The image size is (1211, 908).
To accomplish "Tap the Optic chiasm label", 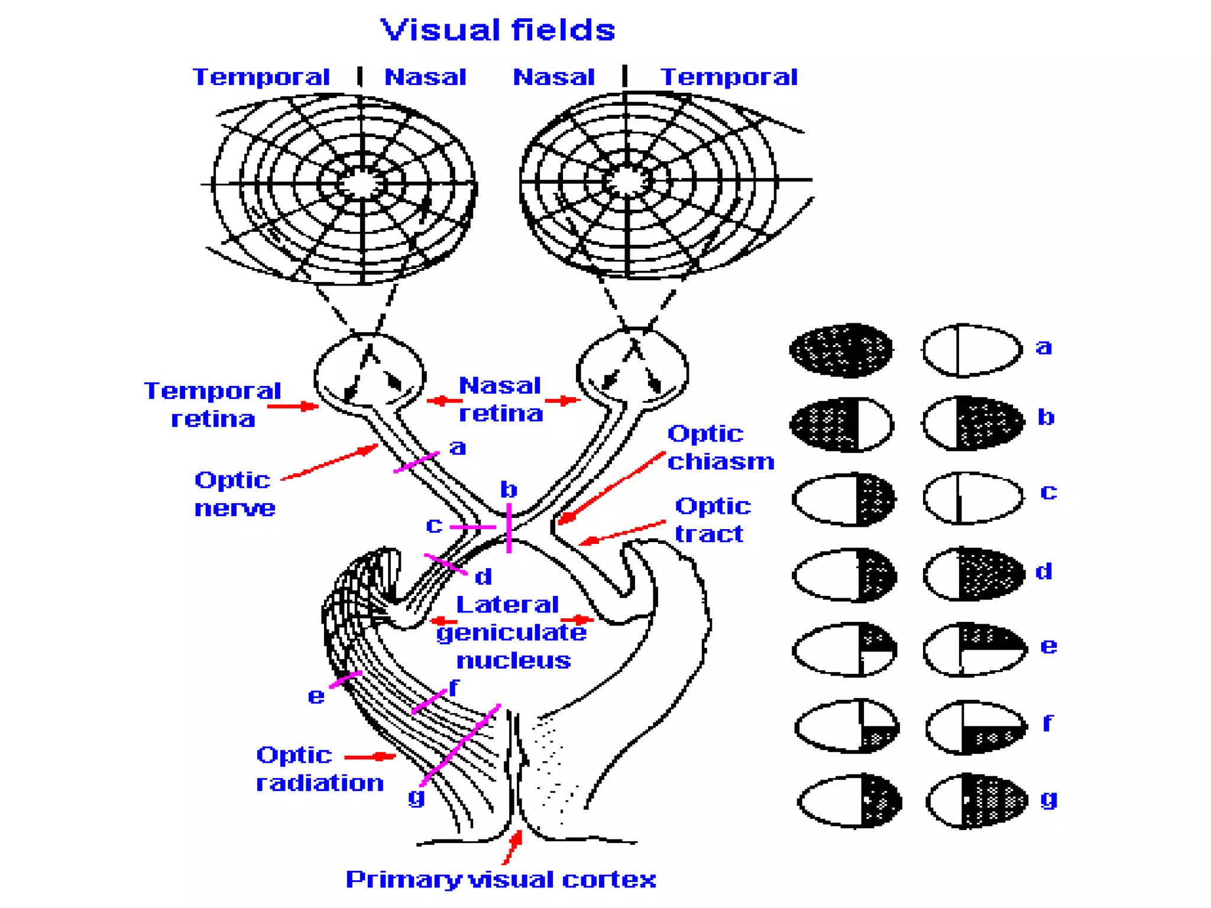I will pyautogui.click(x=720, y=447).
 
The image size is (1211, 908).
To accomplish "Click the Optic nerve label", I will pyautogui.click(x=234, y=494).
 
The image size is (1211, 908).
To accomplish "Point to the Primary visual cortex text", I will pyautogui.click(x=500, y=880).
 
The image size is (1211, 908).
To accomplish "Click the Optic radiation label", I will pyautogui.click(x=319, y=769).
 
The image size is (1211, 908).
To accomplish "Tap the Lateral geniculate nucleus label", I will pyautogui.click(x=511, y=633).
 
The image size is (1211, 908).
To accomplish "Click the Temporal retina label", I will pyautogui.click(x=212, y=404).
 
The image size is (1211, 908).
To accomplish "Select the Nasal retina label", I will pyautogui.click(x=500, y=399).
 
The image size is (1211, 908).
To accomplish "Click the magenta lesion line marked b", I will pyautogui.click(x=509, y=528).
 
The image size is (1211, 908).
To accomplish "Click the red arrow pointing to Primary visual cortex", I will pyautogui.click(x=512, y=847).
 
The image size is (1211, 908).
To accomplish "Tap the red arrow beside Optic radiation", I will pyautogui.click(x=369, y=757).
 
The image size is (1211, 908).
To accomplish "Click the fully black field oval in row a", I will pyautogui.click(x=841, y=350).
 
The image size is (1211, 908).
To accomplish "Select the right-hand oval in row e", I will pyautogui.click(x=974, y=648).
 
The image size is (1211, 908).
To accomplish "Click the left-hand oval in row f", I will pyautogui.click(x=847, y=726).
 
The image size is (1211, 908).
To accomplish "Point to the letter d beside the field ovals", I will pyautogui.click(x=1044, y=572).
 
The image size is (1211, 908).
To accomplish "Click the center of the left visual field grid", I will pyautogui.click(x=361, y=184).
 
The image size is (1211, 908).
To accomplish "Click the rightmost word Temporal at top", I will pyautogui.click(x=728, y=77).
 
